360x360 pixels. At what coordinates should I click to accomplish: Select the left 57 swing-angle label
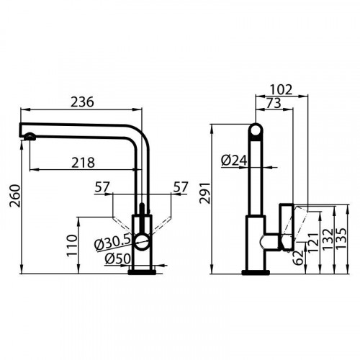[102, 188]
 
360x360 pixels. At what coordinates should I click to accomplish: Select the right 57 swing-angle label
[181, 188]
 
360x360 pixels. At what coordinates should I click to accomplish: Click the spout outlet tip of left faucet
[26, 137]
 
